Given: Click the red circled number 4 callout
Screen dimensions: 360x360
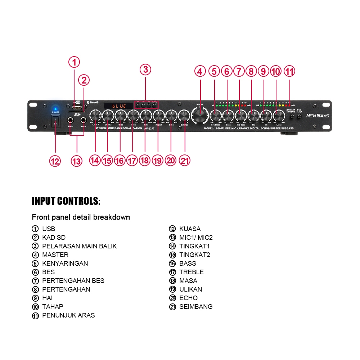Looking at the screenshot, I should (x=200, y=71).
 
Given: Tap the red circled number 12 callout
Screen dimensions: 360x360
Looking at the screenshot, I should (x=55, y=161).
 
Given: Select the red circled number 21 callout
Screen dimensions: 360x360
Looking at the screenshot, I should (x=184, y=161).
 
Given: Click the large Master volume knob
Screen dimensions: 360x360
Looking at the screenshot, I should (x=200, y=116).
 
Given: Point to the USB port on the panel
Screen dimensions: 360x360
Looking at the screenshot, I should (x=76, y=107).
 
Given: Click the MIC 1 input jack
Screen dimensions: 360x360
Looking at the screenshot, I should (x=71, y=120).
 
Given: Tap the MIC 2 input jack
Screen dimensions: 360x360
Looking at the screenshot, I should (x=84, y=120).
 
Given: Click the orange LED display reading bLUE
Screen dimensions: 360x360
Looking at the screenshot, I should (x=118, y=106).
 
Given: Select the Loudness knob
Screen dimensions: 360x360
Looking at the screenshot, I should (x=215, y=116).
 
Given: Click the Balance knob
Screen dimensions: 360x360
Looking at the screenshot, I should (x=184, y=116).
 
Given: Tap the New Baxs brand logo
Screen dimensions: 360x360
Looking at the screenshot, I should (x=318, y=116).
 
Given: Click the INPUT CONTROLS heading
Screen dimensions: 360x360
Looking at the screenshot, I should (x=66, y=201).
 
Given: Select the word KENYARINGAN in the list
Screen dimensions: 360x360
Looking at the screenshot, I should (x=65, y=263).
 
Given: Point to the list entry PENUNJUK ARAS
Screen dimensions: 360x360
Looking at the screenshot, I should (x=68, y=315).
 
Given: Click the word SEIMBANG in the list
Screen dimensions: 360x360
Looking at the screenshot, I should (x=196, y=306).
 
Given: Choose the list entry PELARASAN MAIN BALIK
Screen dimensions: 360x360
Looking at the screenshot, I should (x=79, y=246).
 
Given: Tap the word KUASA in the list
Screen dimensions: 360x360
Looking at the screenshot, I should (x=190, y=229).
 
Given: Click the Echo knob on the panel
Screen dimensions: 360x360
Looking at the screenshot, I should (x=171, y=116).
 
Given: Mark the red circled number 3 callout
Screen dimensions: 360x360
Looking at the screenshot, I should (x=145, y=69).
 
